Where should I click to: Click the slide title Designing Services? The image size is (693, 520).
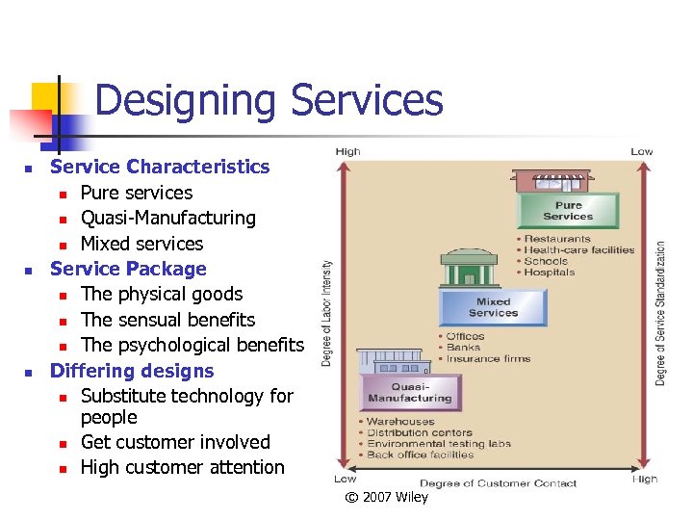269,100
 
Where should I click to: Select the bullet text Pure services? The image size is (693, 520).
136,193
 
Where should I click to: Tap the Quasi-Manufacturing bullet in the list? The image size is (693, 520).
167,218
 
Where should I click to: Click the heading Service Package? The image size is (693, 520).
128,269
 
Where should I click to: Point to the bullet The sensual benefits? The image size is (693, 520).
167,320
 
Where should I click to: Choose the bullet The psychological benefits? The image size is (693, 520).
192,345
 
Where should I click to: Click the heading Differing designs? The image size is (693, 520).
132,371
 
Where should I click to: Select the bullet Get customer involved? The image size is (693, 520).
175,442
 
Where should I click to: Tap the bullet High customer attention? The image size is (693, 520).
182,467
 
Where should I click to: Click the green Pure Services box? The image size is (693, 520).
568,211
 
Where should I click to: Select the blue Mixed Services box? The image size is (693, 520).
493,307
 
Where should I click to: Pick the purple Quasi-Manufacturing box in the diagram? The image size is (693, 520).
409,392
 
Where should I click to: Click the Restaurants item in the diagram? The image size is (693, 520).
557,239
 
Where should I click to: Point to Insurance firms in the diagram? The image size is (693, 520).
488,359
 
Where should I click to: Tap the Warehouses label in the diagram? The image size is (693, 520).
400,422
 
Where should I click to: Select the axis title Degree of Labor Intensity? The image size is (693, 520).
327,313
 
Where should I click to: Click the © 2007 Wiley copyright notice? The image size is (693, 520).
387,497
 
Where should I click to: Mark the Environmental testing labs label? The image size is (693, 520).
438,444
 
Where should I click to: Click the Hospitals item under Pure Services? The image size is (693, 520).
550,273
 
